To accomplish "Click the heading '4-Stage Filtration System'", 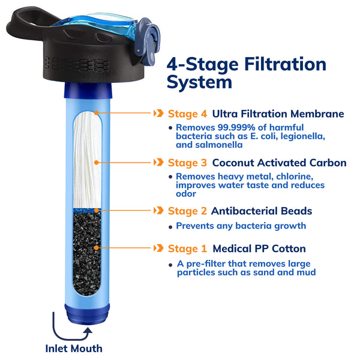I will [x=246, y=73].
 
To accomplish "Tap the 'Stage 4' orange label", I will [x=188, y=113].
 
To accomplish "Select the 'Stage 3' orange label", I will [x=188, y=163].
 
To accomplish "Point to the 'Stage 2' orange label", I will [x=188, y=211].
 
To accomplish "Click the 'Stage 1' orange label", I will [x=188, y=248].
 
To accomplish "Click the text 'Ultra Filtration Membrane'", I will [x=278, y=113].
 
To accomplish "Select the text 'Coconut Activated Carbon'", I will [x=279, y=163].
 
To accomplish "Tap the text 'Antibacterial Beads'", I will [x=262, y=211].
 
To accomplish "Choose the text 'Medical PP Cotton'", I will [x=259, y=248].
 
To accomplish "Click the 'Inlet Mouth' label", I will [x=74, y=348].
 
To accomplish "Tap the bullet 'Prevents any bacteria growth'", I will [x=241, y=226].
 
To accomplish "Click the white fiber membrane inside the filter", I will [x=88, y=159].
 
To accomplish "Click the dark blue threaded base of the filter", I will [x=88, y=313].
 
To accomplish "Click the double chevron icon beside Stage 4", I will [x=158, y=113].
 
